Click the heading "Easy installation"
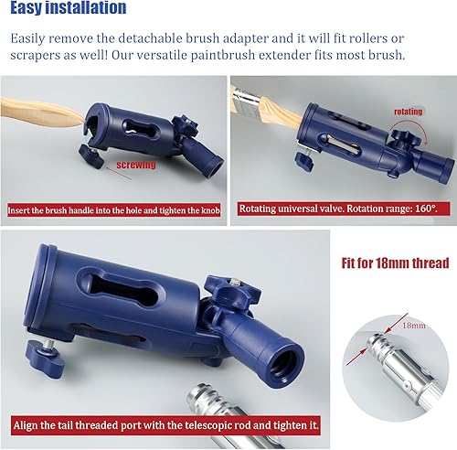click(x=69, y=7)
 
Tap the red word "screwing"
click(x=136, y=165)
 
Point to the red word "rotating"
click(x=409, y=112)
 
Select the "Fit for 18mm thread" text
click(x=395, y=262)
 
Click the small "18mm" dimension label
click(x=414, y=326)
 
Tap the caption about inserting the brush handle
click(x=114, y=210)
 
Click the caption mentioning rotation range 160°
click(x=338, y=209)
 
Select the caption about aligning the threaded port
click(x=165, y=425)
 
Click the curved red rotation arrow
click(x=412, y=123)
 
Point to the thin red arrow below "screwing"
click(x=119, y=173)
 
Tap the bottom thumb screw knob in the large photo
click(x=45, y=357)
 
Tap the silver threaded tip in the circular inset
click(x=378, y=343)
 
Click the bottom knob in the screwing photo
click(x=90, y=156)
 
